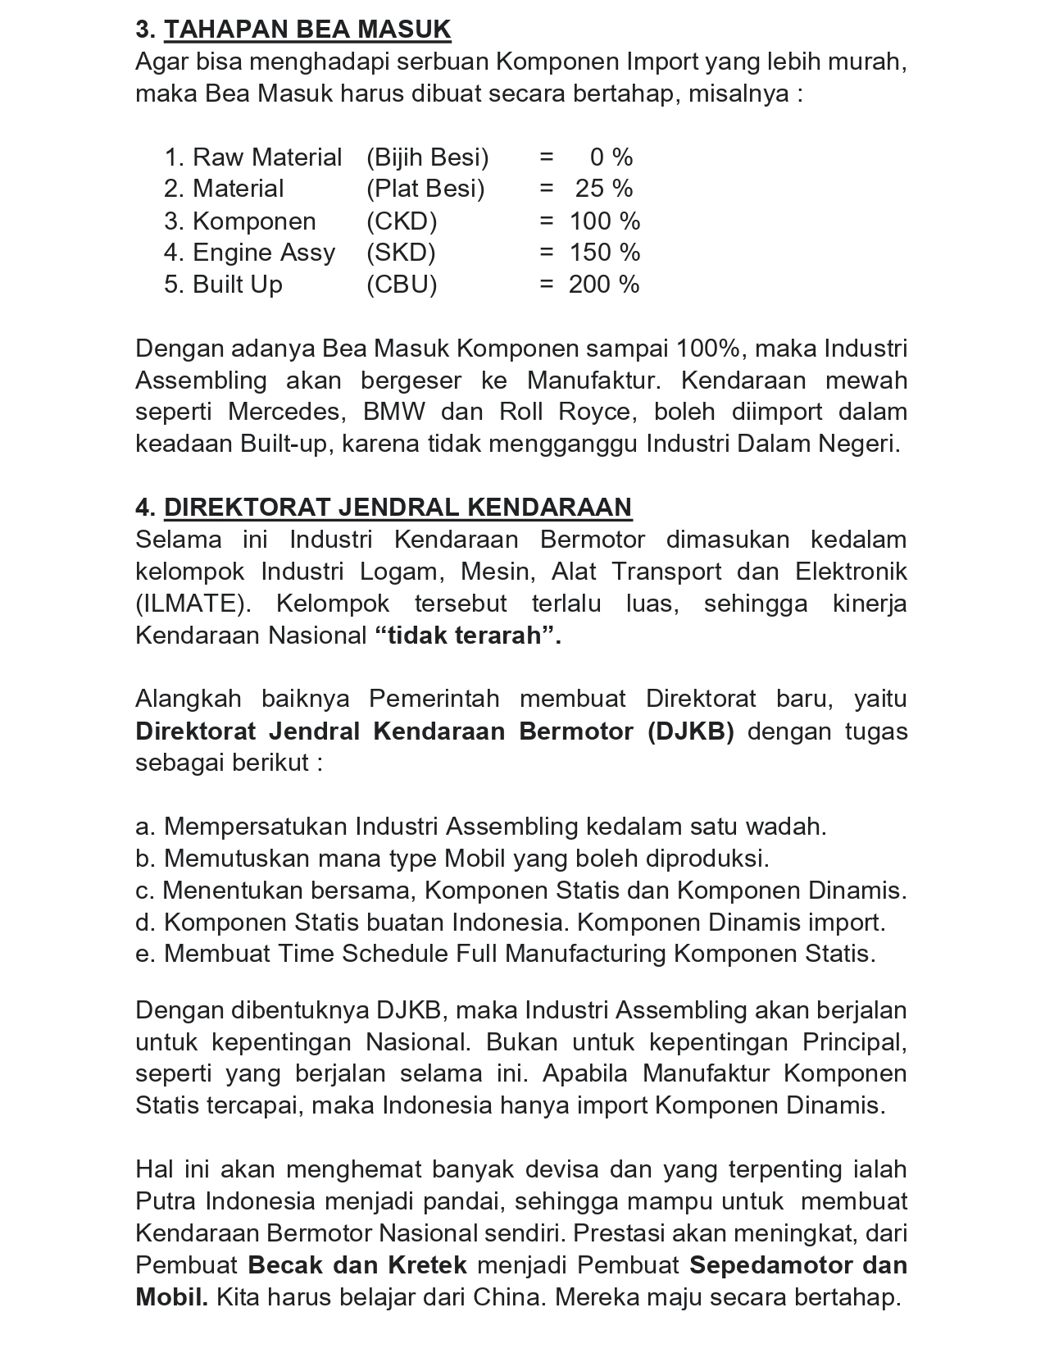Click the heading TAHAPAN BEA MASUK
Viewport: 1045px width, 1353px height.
point(307,30)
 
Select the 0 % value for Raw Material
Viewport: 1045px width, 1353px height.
point(611,157)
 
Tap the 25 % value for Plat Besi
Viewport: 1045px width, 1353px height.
point(603,189)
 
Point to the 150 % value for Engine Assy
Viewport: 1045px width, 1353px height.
point(604,253)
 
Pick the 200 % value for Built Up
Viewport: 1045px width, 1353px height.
point(604,285)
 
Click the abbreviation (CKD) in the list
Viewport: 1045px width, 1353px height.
point(402,221)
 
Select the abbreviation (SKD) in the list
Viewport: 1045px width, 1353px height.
point(401,253)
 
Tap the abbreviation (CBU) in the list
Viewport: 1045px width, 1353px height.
point(402,285)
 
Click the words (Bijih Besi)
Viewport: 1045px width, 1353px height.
point(427,157)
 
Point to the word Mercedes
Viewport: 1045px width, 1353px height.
point(284,412)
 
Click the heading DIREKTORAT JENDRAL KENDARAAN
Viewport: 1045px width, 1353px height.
point(398,508)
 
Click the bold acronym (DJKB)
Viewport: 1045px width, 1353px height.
point(690,731)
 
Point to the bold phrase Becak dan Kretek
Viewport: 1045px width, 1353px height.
point(357,1265)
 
